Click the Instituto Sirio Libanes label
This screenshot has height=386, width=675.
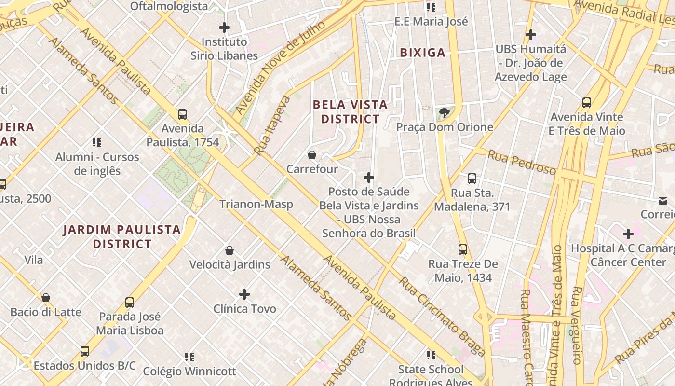224,49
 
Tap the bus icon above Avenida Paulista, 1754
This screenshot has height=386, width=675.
182,114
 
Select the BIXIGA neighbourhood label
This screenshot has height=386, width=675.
422,53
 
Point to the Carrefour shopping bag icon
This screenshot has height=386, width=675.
312,155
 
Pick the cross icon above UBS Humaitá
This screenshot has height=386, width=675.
531,35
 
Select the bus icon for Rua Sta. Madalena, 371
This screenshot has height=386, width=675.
472,179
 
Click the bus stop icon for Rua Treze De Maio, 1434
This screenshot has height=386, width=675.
463,249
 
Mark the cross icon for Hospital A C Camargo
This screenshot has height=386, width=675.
628,234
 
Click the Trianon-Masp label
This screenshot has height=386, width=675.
256,204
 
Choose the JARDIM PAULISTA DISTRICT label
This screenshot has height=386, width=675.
122,236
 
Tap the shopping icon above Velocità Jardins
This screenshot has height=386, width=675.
229,250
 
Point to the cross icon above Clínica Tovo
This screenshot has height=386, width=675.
244,294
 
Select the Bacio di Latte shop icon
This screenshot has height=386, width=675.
46,298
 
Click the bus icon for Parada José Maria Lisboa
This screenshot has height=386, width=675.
130,303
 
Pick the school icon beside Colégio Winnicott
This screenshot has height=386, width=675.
189,357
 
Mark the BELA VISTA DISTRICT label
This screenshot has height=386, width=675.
350,111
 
